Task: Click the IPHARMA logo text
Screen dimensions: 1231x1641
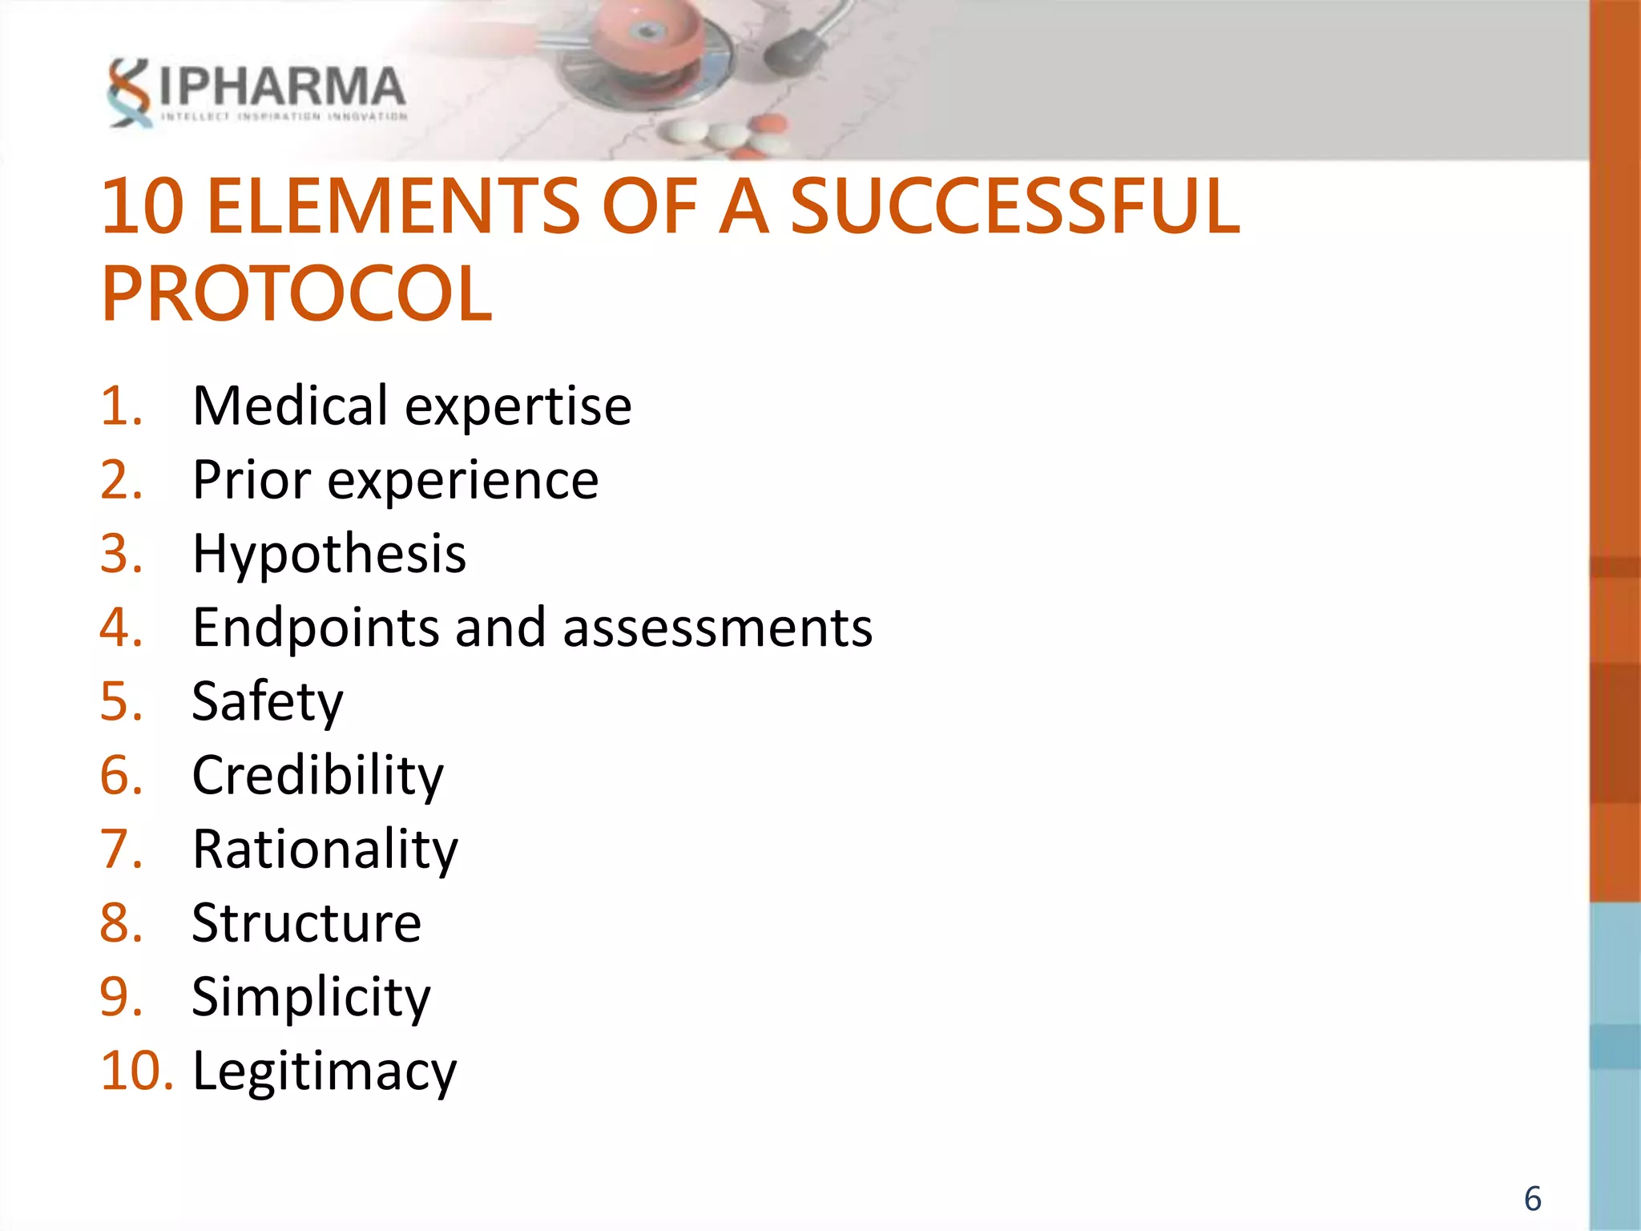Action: pyautogui.click(x=282, y=87)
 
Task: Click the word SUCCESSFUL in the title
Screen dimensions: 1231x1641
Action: pyautogui.click(x=1015, y=207)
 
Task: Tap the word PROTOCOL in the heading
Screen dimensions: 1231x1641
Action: pyautogui.click(x=296, y=294)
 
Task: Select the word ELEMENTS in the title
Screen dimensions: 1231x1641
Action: pyautogui.click(x=393, y=207)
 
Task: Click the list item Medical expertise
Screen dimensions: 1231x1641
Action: pyautogui.click(x=412, y=406)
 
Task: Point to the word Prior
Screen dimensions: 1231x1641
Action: pyautogui.click(x=252, y=480)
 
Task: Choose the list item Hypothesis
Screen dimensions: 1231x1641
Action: pyautogui.click(x=329, y=554)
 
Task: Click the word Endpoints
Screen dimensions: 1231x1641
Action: pyautogui.click(x=316, y=628)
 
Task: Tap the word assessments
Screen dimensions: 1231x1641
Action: pyautogui.click(x=717, y=628)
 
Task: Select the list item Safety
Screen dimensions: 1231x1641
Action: pyautogui.click(x=268, y=702)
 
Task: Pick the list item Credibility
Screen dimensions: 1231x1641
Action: pyautogui.click(x=317, y=776)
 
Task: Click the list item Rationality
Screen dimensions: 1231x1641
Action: pyautogui.click(x=325, y=850)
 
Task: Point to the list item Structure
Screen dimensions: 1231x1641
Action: pyautogui.click(x=307, y=923)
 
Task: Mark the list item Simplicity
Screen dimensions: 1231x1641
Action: pyautogui.click(x=311, y=998)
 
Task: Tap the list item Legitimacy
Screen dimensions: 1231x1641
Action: pyautogui.click(x=325, y=1072)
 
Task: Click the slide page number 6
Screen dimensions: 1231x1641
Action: pyautogui.click(x=1532, y=1199)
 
